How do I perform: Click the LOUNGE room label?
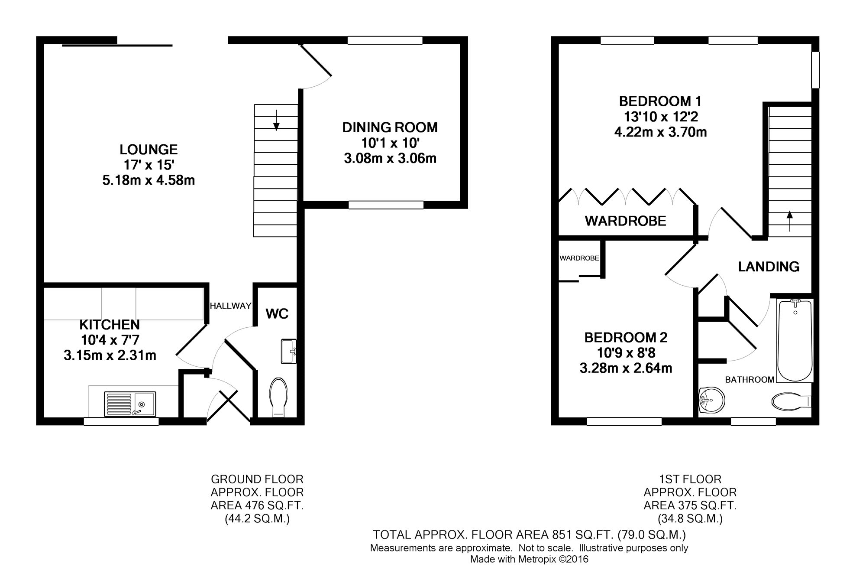point(149,150)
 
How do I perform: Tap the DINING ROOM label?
point(390,127)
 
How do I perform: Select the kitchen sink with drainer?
point(130,404)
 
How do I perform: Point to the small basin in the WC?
point(289,351)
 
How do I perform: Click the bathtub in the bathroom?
point(795,340)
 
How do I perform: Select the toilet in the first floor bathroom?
point(791,401)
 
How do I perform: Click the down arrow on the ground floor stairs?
point(276,120)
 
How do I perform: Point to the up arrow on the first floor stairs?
point(789,221)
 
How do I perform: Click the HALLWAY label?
point(230,306)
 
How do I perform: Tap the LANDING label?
point(769,267)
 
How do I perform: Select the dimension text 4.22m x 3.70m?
point(660,132)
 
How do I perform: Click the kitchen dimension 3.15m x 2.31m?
point(110,355)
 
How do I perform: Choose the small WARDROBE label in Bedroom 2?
point(579,258)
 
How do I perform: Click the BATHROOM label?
point(750,380)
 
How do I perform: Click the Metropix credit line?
point(529,559)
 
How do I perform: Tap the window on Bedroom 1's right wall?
point(815,70)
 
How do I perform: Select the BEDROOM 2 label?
point(626,337)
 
